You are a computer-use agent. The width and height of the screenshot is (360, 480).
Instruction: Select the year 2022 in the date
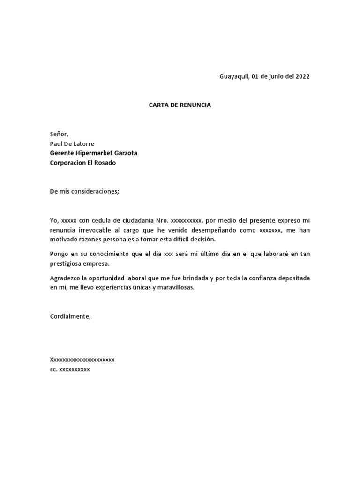point(301,77)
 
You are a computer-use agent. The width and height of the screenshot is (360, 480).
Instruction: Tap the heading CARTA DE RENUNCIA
point(180,105)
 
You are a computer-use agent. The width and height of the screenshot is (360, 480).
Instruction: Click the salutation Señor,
point(59,134)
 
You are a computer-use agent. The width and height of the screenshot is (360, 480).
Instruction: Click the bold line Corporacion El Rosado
point(82,163)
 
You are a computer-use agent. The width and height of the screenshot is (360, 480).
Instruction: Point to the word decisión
point(201,240)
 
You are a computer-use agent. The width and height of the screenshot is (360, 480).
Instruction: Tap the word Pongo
point(59,254)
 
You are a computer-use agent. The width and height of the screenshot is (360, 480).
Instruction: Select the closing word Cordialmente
point(70,316)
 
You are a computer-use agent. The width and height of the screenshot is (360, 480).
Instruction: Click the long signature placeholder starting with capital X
point(82,360)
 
